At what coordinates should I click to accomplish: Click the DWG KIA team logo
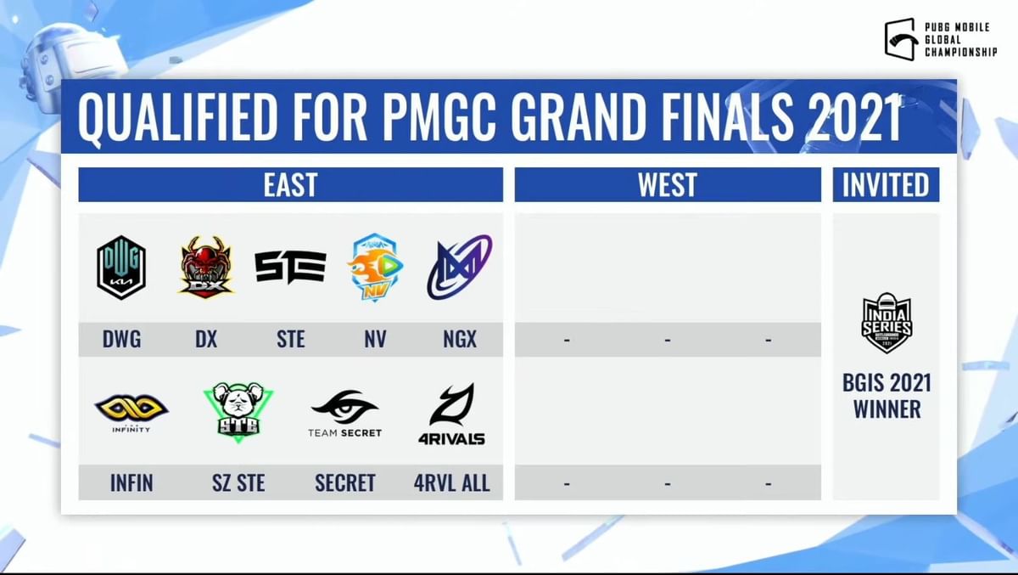point(121,268)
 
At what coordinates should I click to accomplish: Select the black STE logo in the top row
point(290,266)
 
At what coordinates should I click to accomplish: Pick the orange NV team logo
point(375,268)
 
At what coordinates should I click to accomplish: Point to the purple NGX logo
point(459,267)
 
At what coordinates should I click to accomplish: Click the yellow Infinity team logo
point(131,413)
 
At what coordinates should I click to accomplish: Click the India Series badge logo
point(887,323)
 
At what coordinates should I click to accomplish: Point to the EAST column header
point(290,185)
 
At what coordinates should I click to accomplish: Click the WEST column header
point(667,185)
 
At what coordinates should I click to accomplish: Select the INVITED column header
point(886,185)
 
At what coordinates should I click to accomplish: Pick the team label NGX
point(459,340)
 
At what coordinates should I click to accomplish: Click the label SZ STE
point(238,483)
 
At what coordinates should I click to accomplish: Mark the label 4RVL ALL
point(451,483)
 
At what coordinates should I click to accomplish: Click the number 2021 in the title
point(857,119)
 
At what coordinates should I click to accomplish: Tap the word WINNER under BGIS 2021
point(887,409)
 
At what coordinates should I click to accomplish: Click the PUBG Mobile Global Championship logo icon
point(900,40)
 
